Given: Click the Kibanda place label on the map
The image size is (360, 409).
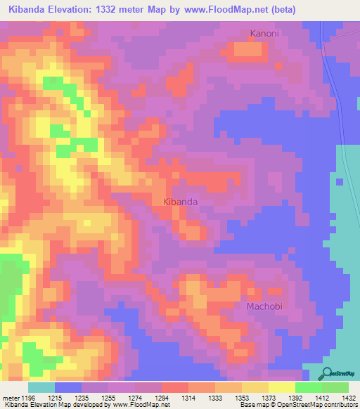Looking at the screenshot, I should click(180, 202).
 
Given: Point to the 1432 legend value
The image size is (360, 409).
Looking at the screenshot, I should click(349, 398).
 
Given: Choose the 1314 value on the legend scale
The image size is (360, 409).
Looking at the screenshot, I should click(188, 398).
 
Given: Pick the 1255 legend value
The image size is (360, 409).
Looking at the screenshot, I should click(108, 398).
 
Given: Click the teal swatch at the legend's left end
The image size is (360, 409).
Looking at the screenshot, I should click(41, 387).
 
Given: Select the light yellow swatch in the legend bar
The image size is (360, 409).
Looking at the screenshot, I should click(282, 387).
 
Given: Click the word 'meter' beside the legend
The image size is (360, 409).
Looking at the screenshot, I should click(11, 398).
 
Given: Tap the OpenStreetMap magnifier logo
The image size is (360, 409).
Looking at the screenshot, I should click(326, 373).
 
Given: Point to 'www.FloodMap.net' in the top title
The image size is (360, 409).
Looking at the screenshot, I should click(223, 10).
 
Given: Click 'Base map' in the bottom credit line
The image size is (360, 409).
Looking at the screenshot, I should click(254, 405).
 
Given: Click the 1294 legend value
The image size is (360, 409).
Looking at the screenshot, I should click(162, 398).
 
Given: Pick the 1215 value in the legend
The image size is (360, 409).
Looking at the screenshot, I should click(55, 398).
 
